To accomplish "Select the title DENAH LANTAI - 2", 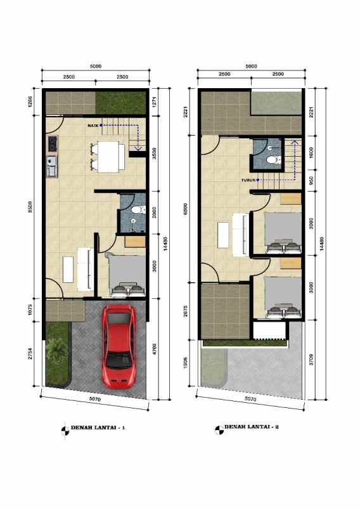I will pyautogui.click(x=252, y=428).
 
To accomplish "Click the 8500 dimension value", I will pyautogui.click(x=30, y=207).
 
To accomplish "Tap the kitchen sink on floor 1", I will pyautogui.click(x=51, y=168).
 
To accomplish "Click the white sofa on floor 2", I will pyautogui.click(x=241, y=233).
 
